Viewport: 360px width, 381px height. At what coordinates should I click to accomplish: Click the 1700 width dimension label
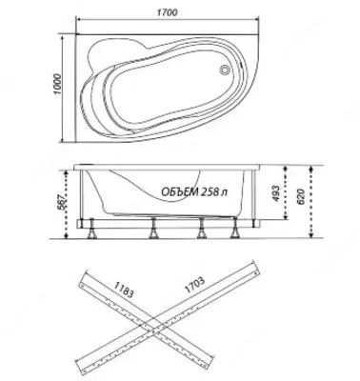(x=167, y=12)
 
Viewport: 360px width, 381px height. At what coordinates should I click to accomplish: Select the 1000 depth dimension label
(x=57, y=84)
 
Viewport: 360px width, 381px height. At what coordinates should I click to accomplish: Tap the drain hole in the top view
(x=225, y=70)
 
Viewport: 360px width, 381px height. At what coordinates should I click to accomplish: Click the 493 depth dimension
(x=276, y=193)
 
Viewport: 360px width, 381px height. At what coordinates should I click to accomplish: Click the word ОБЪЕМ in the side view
(x=180, y=191)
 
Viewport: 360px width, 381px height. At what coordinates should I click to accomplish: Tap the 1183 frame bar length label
(x=124, y=289)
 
